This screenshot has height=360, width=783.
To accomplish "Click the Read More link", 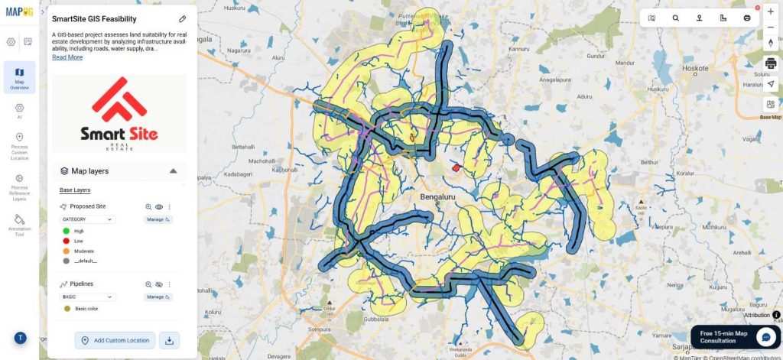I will [x=67, y=57].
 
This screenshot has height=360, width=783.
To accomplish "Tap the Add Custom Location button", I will [x=115, y=340].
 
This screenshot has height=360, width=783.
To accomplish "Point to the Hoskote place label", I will [x=695, y=68].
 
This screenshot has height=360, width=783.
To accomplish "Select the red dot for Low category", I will [x=67, y=241].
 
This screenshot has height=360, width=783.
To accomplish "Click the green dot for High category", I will [x=67, y=231].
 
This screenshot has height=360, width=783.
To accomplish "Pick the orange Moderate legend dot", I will [x=67, y=251].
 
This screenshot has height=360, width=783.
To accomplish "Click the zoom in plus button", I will [x=770, y=12].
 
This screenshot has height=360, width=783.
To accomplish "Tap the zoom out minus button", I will [x=770, y=28].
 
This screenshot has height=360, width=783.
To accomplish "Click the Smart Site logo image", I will [x=119, y=112].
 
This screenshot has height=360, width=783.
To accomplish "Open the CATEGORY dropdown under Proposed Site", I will [x=88, y=219].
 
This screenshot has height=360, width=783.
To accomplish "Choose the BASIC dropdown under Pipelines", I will [x=88, y=297].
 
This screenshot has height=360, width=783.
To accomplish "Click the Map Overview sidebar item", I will [x=19, y=77].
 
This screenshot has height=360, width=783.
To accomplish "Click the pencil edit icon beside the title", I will [x=182, y=18].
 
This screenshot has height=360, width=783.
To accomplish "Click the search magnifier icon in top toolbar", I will [x=675, y=18].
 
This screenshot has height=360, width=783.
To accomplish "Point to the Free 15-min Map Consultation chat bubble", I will [x=765, y=336].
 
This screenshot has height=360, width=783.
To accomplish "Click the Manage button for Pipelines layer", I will [x=158, y=297].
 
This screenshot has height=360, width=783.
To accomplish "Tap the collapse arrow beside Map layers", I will [x=174, y=171].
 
